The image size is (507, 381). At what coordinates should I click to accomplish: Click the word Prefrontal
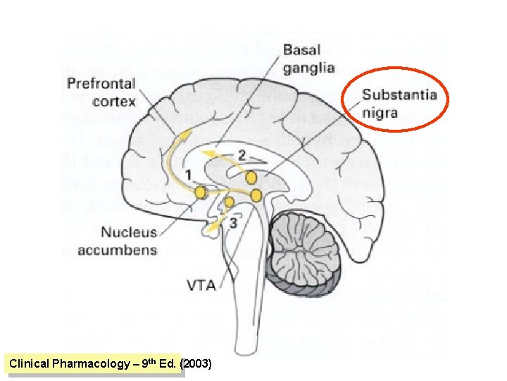pos(101,84)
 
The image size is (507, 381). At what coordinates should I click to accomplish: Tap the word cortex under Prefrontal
pos(114,102)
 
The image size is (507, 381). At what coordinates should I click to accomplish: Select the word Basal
pos(301,50)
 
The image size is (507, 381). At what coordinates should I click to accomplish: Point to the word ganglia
pos(309,68)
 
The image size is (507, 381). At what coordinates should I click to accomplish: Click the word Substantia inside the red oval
pos(400,95)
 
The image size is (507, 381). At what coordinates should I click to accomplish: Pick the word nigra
pos(380,113)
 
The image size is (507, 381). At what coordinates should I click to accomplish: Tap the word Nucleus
pos(129,232)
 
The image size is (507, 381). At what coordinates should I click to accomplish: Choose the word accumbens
pos(118,250)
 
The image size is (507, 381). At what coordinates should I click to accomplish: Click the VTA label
pos(201,286)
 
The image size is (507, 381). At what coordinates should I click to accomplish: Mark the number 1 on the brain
pos(188,175)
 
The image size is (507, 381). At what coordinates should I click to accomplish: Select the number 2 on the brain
pos(242,156)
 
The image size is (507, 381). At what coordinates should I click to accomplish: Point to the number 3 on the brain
pos(234,223)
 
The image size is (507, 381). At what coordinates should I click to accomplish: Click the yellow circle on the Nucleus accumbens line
pos(201,193)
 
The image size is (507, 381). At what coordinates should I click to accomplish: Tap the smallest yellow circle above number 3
pos(230,202)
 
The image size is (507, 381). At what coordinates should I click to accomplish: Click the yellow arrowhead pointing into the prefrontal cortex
pos(185,134)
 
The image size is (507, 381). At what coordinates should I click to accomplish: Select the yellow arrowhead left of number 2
pos(207,152)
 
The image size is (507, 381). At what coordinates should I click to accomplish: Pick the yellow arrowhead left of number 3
pos(213,227)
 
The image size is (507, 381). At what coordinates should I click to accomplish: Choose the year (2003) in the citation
pos(196,363)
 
